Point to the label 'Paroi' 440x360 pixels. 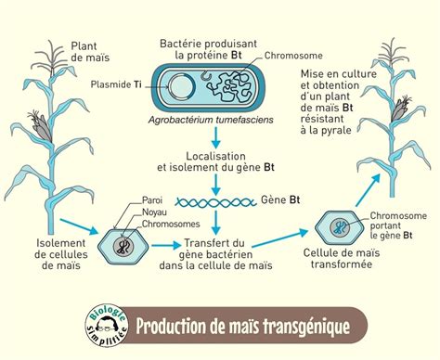(153, 200)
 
